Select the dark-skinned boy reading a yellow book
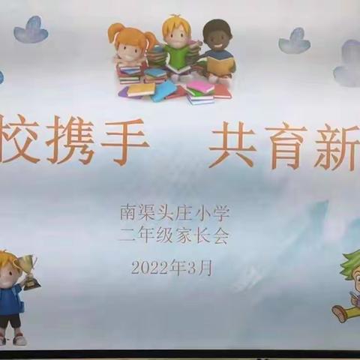(217, 49)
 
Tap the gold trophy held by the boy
(30, 271)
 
